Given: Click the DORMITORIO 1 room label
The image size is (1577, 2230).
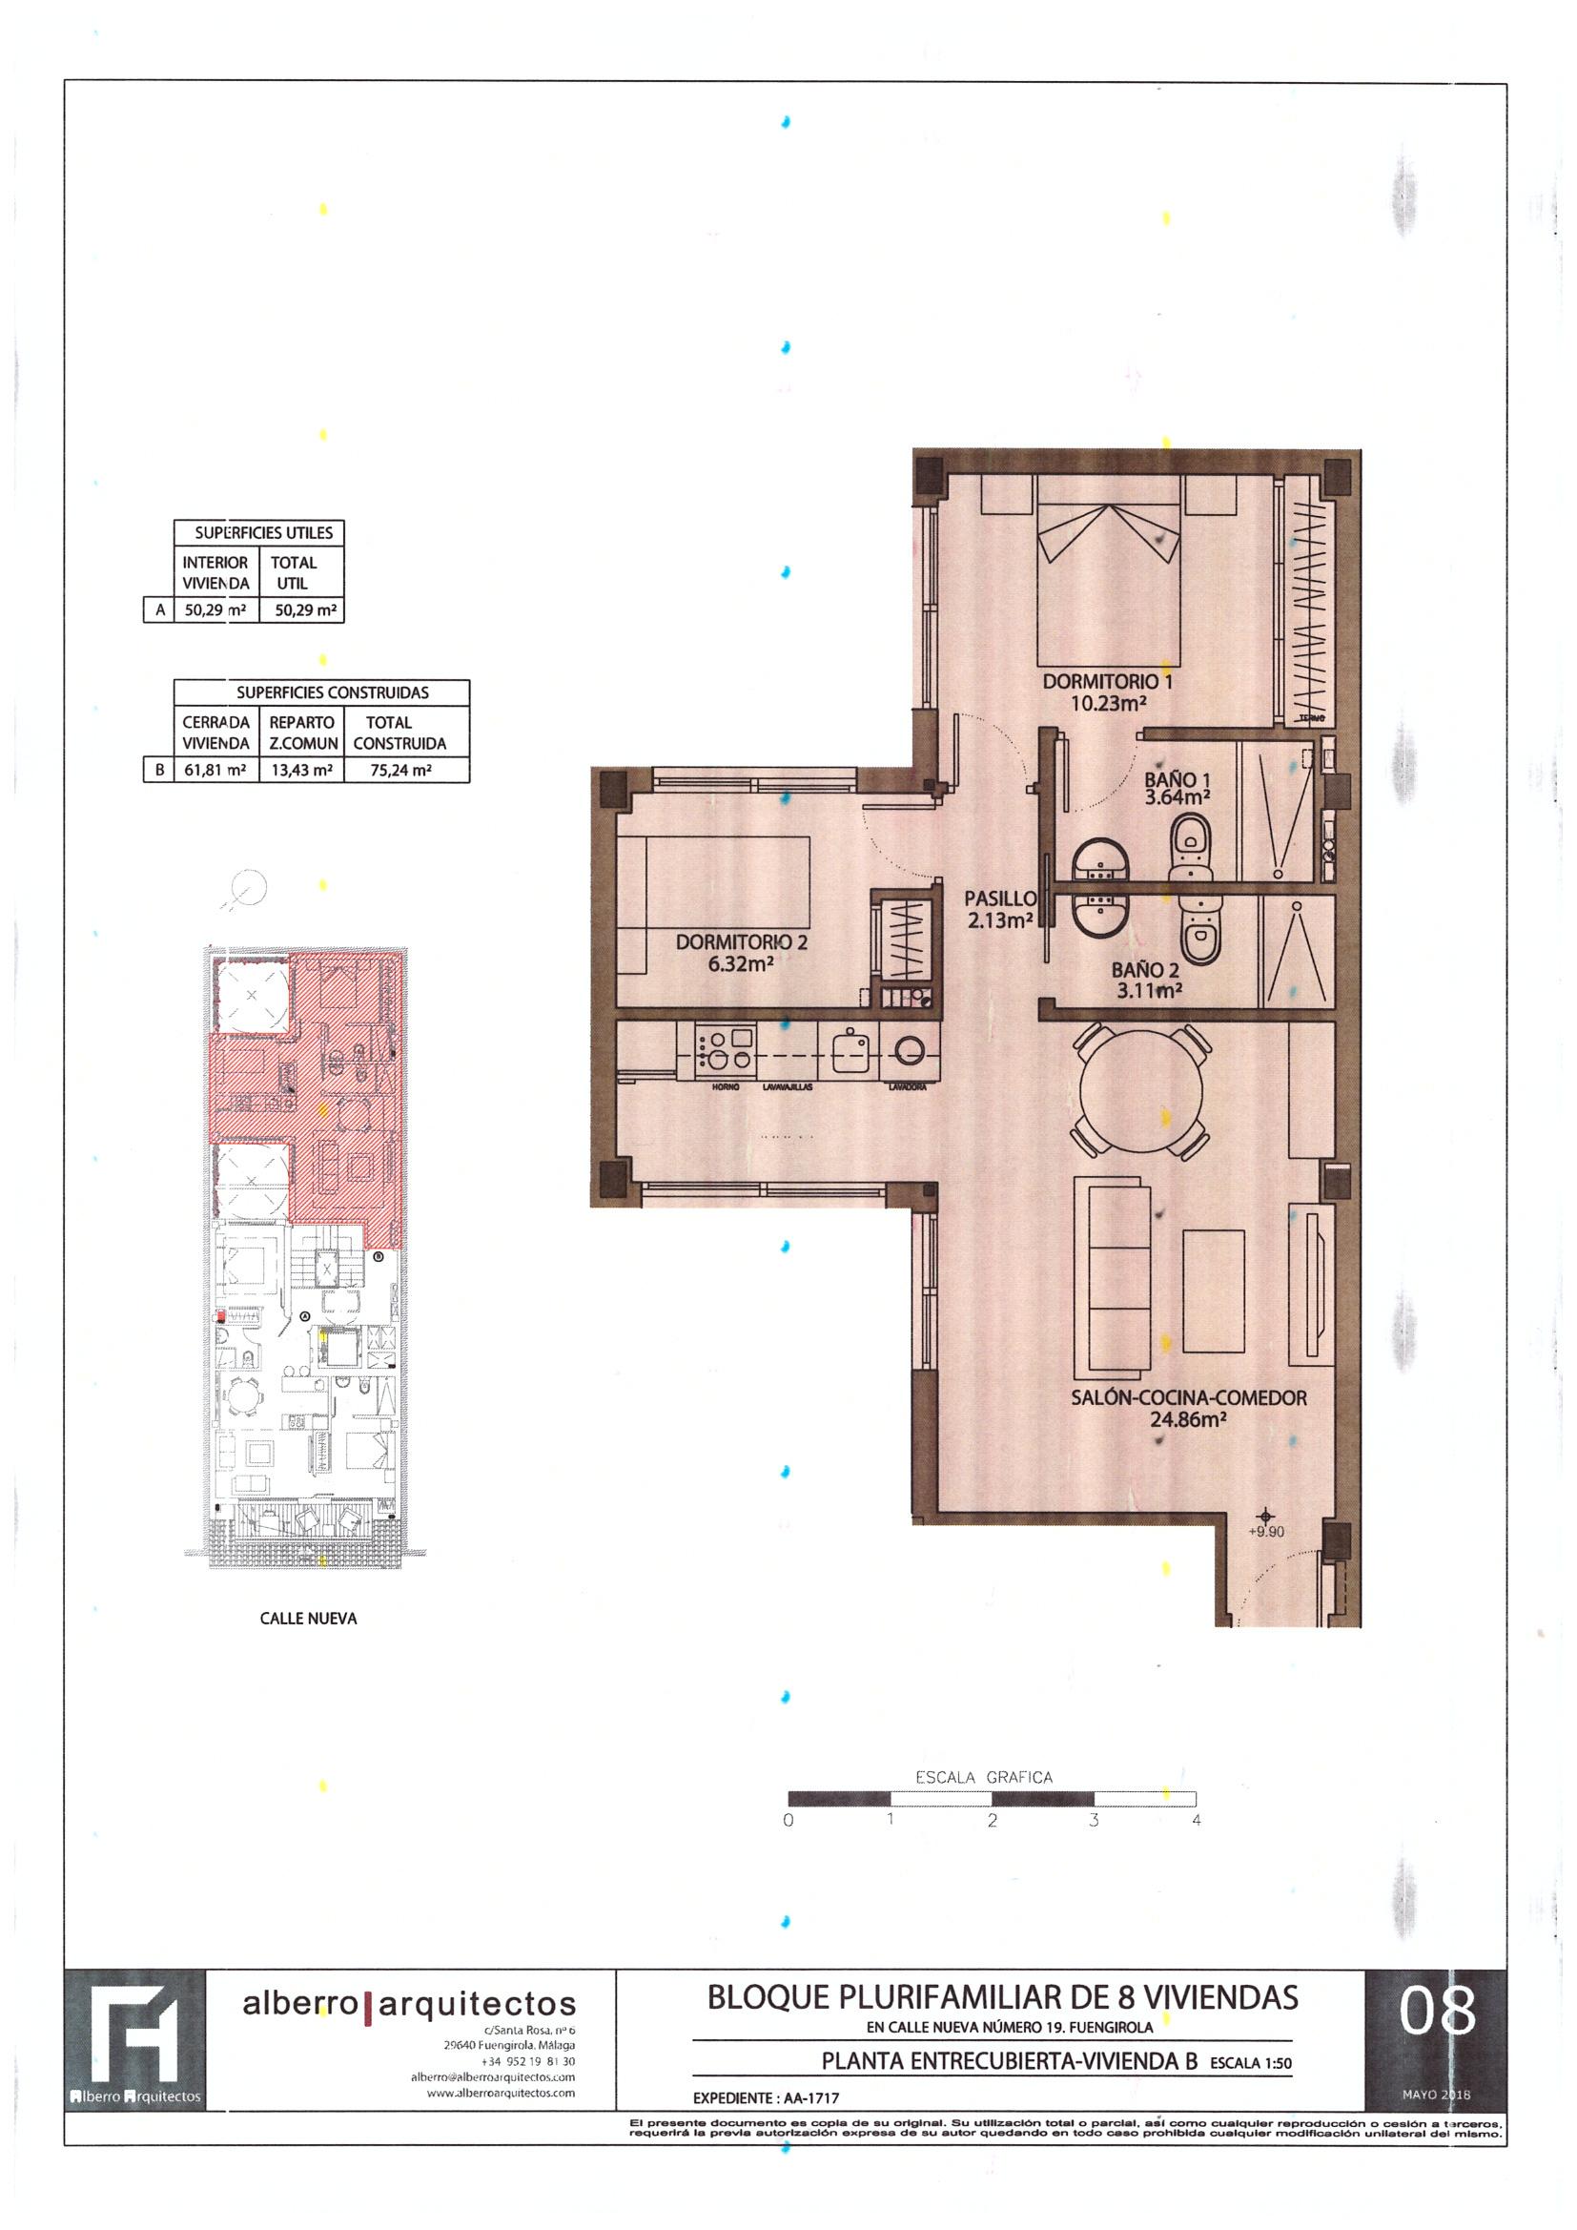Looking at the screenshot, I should pyautogui.click(x=1107, y=682).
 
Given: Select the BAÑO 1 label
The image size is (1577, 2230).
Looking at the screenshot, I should pyautogui.click(x=1177, y=779).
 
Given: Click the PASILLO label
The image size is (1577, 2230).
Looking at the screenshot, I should pyautogui.click(x=1000, y=899).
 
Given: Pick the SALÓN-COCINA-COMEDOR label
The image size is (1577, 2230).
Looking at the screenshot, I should pyautogui.click(x=1189, y=1398).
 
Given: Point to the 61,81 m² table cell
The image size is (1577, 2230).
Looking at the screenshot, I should pyautogui.click(x=215, y=771).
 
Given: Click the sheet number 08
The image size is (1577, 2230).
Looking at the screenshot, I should pyautogui.click(x=1436, y=2013).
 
